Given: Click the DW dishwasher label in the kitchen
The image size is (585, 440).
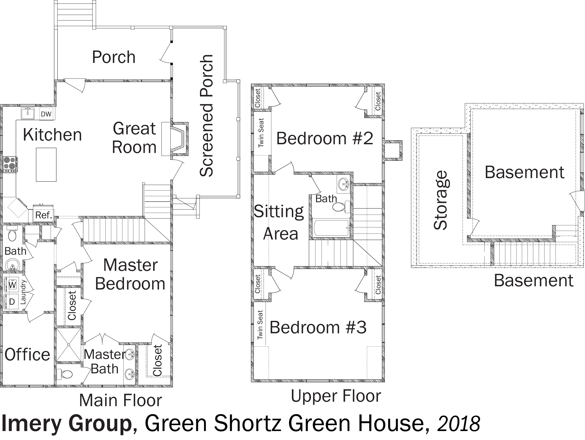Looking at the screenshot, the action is tap(46, 114).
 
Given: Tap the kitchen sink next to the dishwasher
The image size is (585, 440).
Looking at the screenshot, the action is tap(28, 113).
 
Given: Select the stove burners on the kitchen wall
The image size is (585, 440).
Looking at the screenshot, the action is tap(10, 164).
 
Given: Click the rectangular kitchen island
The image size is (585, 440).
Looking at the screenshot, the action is tap(46, 164).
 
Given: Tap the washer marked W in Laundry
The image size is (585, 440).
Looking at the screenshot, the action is tap(11, 285).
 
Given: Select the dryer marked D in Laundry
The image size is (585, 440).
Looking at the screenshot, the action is tap(11, 301).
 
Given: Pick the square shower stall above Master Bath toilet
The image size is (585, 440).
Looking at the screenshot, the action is tap(68, 345).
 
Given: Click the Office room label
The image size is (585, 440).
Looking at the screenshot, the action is tap(27, 355).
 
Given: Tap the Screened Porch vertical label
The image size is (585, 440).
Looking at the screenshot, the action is tap(206, 116).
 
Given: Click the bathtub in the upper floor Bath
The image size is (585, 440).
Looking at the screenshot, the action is tap(331, 228).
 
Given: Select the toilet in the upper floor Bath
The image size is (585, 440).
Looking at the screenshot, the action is tap(341, 207).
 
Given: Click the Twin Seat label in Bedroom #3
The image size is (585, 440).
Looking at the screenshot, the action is tap(260, 324).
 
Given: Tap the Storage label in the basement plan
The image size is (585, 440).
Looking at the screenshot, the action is tap(440, 200).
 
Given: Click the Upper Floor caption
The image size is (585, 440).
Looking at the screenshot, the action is tap(336, 396).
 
